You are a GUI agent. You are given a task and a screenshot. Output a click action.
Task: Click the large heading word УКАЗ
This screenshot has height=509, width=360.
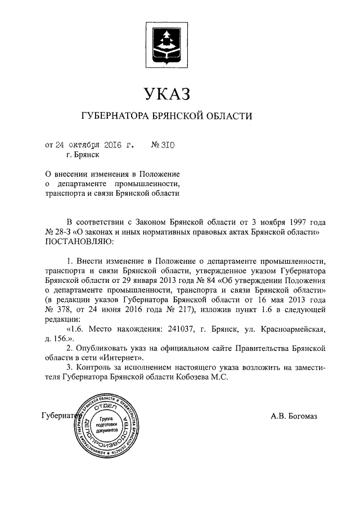click(x=168, y=93)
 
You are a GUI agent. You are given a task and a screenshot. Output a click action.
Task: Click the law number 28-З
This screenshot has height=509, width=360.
click(x=57, y=231)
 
